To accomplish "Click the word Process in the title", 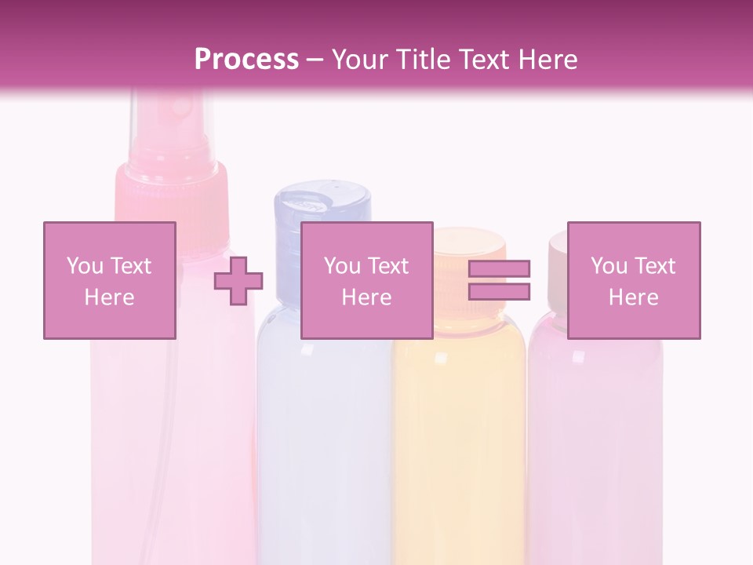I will [246, 60].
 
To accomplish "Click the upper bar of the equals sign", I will [500, 268].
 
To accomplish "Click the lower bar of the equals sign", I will [500, 291].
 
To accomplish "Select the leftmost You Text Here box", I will [109, 280].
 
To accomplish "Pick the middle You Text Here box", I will [366, 280].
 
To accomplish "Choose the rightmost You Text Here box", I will [633, 280].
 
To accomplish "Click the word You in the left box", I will [85, 266].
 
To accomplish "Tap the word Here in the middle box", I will [366, 297].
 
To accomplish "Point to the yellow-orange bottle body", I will [459, 439].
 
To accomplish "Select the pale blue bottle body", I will [323, 439].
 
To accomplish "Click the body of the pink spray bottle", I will [173, 439].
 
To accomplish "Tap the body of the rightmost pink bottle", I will [596, 439].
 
